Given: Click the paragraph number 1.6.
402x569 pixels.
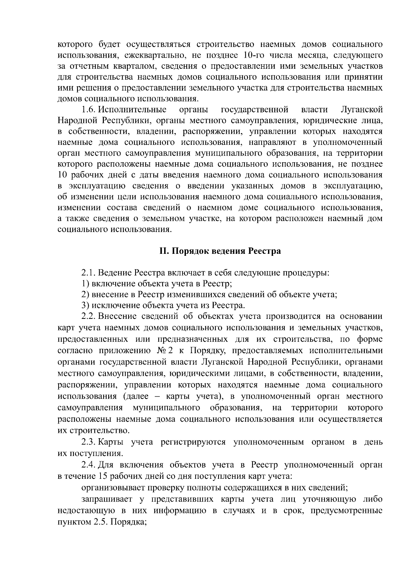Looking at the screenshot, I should (89, 110).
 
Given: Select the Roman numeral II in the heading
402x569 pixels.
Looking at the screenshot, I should (163, 251).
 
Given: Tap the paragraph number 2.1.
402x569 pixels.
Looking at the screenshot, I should (89, 272).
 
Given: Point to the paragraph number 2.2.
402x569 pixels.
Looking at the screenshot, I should (89, 316).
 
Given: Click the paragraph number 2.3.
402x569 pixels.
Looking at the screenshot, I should (89, 442).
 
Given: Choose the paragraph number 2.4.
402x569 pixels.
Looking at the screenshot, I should (89, 465).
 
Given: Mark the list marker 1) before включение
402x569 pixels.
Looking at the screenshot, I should (86, 283).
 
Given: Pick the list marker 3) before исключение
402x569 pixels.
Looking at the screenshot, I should (86, 305).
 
